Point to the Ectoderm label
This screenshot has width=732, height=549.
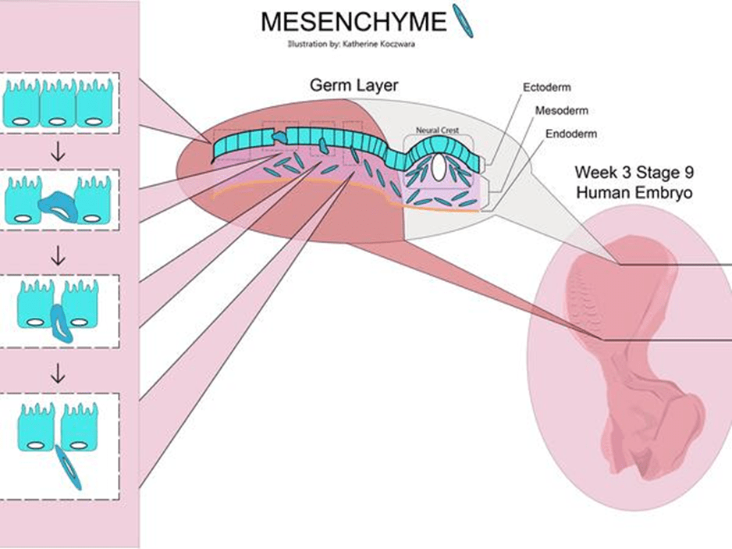(548, 88)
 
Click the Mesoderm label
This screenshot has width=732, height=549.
(561, 111)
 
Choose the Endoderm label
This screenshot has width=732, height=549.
(570, 134)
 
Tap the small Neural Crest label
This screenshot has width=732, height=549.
(437, 130)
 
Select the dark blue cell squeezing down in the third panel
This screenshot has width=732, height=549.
(59, 323)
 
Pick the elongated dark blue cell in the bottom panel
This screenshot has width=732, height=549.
(68, 467)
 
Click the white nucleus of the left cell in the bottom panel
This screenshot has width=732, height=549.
(36, 445)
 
